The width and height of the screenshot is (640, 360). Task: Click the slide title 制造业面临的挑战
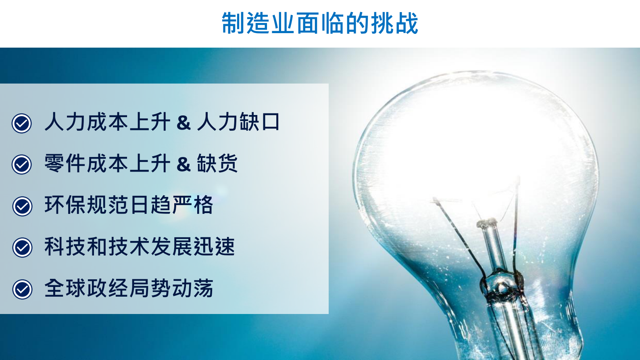pos(320,23)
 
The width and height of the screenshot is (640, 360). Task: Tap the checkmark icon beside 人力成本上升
pos(22,123)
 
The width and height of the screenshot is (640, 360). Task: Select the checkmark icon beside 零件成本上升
pos(22,164)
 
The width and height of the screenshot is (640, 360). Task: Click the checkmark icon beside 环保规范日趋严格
pos(23,206)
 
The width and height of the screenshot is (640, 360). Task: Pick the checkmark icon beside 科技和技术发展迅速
pos(23,247)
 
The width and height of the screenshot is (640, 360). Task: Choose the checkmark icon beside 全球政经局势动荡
pos(23,289)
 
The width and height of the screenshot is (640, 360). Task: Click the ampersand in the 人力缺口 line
pos(183,123)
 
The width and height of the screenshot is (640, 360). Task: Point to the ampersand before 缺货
pos(183,164)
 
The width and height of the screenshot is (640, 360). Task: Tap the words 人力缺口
pos(238,122)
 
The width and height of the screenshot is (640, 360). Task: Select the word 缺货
pos(217,163)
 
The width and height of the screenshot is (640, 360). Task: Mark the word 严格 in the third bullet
pos(192,205)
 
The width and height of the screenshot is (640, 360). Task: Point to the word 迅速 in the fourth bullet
pos(214,247)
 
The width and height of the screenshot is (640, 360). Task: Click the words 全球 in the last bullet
pos(65,288)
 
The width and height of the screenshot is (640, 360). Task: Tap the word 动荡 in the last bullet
pos(192,288)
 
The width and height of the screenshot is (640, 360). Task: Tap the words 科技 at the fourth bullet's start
pos(65,247)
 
